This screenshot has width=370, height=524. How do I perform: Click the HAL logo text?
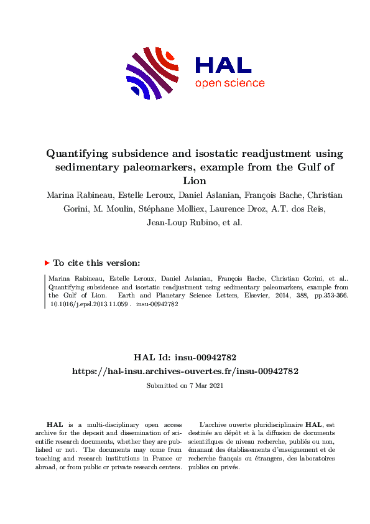point(223,65)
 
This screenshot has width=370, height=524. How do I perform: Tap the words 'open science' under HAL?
point(229,83)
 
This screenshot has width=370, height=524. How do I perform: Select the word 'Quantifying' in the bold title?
point(78,154)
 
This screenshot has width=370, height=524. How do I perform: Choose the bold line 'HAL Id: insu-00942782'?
point(185,357)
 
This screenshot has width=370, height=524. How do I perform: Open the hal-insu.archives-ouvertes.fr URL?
point(185,371)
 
